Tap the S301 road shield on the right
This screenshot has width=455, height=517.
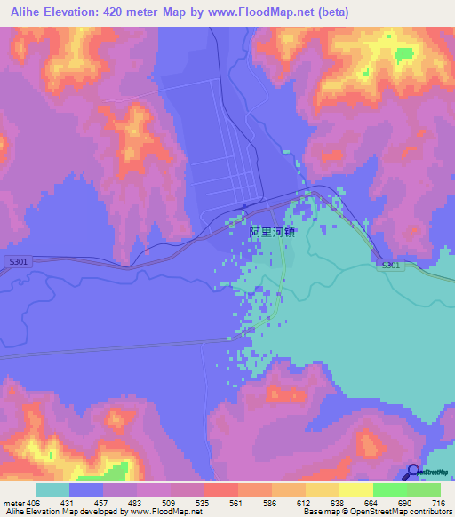click(x=391, y=266)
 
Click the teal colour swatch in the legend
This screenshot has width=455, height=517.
click(x=52, y=489)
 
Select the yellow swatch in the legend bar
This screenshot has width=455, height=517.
click(x=355, y=489)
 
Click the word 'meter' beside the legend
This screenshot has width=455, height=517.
click(x=12, y=502)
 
